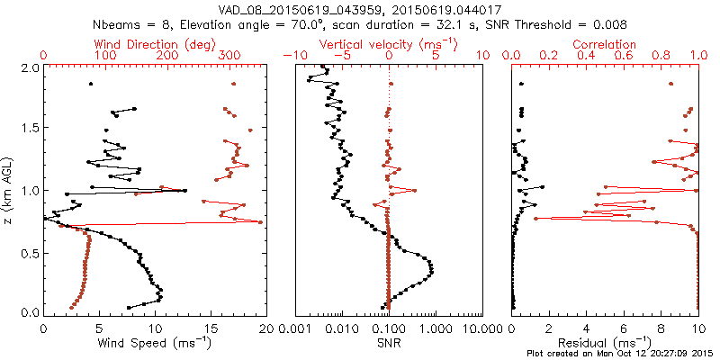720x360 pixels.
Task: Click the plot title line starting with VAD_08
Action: tap(360, 8)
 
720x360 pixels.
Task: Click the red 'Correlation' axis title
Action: tap(605, 43)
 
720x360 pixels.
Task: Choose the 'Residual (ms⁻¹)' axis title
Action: tap(605, 343)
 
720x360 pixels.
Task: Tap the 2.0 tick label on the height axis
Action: tap(30, 67)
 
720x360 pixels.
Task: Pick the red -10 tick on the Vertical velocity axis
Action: tap(291, 56)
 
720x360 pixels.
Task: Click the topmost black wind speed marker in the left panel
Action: tap(90, 85)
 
